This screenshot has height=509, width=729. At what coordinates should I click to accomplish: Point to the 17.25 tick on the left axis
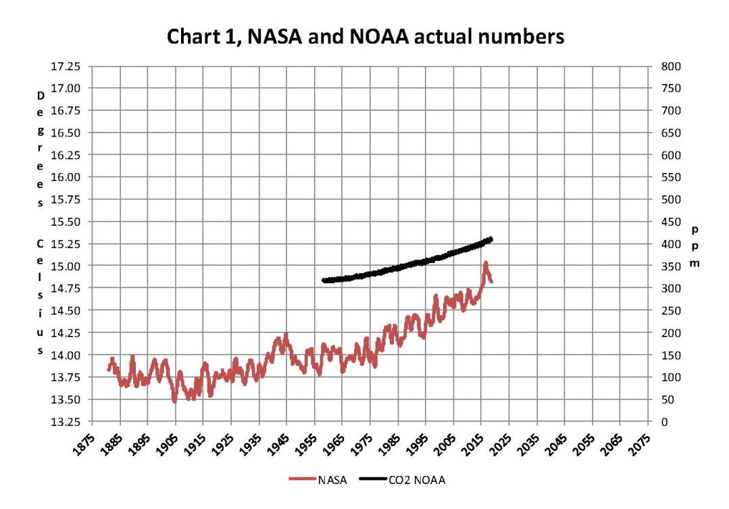pyautogui.click(x=66, y=66)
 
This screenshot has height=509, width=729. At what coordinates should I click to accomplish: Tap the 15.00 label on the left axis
pyautogui.click(x=66, y=266)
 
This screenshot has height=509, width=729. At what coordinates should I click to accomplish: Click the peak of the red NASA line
pyautogui.click(x=485, y=262)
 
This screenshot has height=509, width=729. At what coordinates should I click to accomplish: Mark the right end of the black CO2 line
pyautogui.click(x=491, y=239)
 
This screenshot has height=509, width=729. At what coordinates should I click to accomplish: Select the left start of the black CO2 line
pyautogui.click(x=324, y=280)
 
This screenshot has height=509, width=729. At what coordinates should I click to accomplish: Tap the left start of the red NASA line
pyautogui.click(x=108, y=370)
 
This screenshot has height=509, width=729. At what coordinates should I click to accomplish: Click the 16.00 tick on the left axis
pyautogui.click(x=66, y=177)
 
